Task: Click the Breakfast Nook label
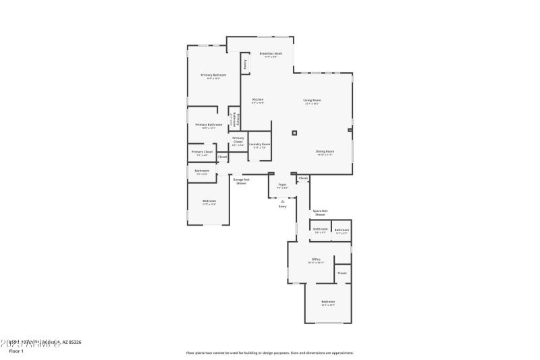point(271,53)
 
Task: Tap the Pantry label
point(244,64)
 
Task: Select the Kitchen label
point(258,99)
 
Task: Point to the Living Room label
point(312,100)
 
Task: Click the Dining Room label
point(325,151)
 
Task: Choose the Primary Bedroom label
point(213,75)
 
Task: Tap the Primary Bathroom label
point(209,124)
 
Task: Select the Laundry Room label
point(259,144)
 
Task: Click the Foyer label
point(282,184)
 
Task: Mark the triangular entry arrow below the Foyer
point(283,201)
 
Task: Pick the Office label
point(316,259)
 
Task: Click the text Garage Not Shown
point(242,181)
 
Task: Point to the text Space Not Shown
point(320,213)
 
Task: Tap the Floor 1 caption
point(16,351)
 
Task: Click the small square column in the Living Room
point(294,132)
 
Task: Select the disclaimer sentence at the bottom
point(270,353)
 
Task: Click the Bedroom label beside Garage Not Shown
point(209,201)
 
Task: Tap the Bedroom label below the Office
point(328,302)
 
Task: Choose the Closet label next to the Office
point(342,273)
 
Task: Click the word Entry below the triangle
point(283,207)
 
